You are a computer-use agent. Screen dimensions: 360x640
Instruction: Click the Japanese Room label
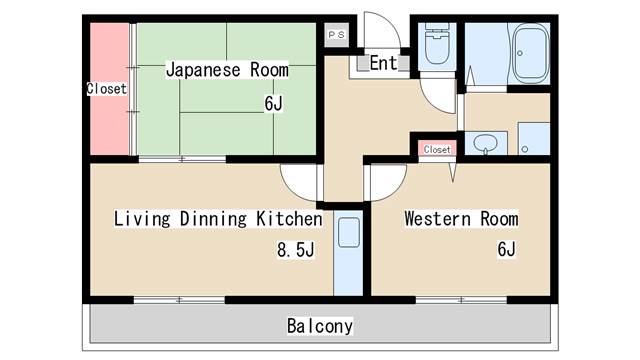(226, 70)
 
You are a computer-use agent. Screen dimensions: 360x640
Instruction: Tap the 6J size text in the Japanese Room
(274, 103)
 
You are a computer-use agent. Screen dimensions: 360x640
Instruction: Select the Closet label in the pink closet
(106, 89)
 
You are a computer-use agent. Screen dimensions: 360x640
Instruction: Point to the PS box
(335, 34)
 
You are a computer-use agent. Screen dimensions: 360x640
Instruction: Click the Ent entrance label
(383, 63)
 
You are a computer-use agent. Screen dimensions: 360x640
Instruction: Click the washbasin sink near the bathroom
(486, 143)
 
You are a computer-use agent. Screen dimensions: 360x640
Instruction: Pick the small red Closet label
(437, 149)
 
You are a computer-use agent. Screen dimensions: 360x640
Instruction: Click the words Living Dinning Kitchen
(217, 218)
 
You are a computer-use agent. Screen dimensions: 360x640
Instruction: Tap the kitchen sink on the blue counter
(348, 235)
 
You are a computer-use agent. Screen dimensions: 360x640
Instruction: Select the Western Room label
(460, 218)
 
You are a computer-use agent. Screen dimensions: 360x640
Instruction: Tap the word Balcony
(320, 326)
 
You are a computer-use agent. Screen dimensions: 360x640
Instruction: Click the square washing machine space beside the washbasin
(534, 139)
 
